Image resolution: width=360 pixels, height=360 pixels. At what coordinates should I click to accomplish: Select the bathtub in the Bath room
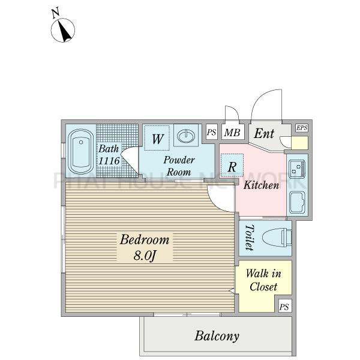point(81,151)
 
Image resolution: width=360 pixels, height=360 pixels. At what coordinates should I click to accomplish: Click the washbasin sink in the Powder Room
point(186,136)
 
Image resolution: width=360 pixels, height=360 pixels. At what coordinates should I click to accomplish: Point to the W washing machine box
point(157,138)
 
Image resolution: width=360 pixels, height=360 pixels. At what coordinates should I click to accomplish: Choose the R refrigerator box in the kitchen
point(232,165)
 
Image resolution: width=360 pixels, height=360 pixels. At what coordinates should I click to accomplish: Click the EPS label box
point(301,128)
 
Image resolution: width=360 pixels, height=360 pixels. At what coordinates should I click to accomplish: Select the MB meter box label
point(232,133)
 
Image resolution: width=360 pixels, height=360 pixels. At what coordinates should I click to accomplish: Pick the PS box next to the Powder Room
point(211,132)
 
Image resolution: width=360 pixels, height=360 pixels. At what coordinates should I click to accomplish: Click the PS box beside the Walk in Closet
point(284,306)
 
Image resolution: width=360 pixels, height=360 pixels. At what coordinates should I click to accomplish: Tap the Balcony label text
point(217,336)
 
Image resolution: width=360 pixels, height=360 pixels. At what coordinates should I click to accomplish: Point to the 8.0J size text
point(145,255)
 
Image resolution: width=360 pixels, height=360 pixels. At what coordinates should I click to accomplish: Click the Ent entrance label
point(264,133)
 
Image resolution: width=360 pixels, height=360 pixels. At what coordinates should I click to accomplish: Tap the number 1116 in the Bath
point(109,161)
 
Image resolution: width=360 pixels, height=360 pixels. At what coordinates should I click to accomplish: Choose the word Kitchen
point(261,185)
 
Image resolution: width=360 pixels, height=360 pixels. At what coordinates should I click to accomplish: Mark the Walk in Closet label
point(263,280)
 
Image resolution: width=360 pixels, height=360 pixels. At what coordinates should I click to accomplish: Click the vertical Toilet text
point(250,238)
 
